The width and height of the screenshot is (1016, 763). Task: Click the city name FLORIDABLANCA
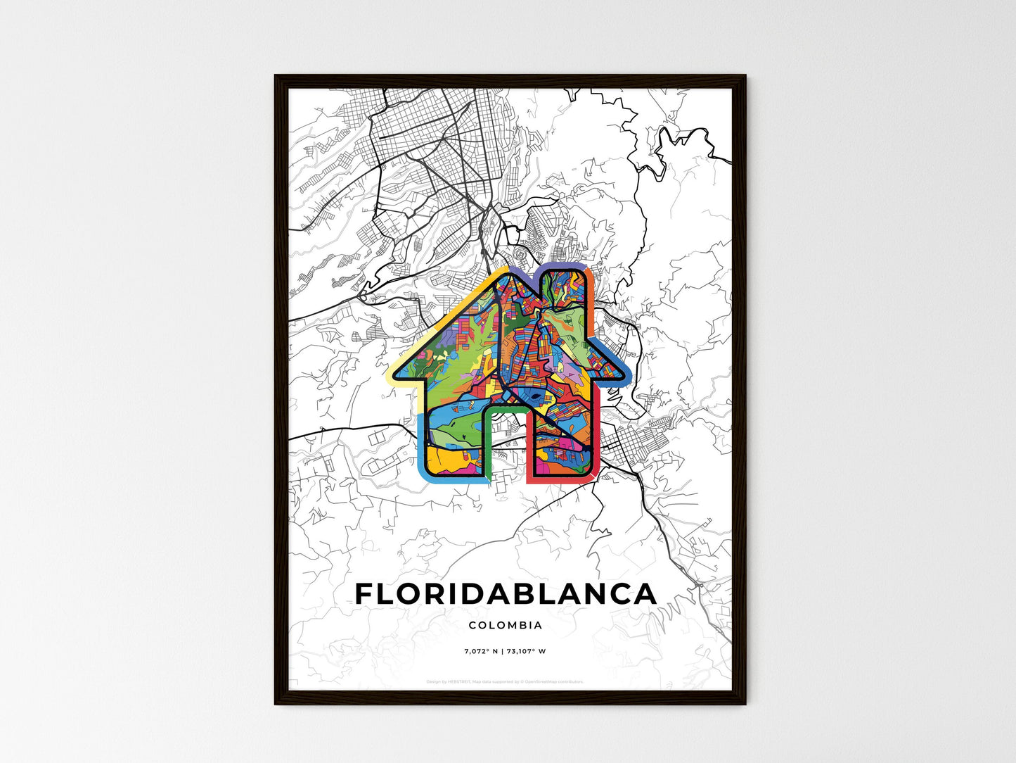(x=506, y=594)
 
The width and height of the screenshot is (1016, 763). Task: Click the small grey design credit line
(x=505, y=681)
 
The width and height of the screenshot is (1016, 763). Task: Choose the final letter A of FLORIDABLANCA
(x=645, y=594)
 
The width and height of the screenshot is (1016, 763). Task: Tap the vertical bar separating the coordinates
(x=501, y=651)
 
